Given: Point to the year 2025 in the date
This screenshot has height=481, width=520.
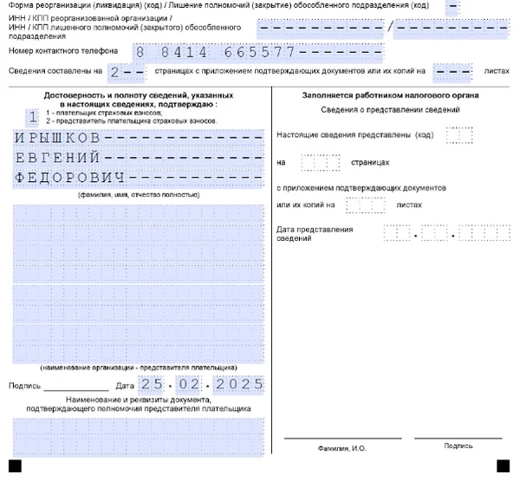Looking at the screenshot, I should pos(240,383).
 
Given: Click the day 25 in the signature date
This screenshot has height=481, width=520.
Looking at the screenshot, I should pos(151,383).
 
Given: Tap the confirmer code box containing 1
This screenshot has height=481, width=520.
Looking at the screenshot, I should pos(33,115).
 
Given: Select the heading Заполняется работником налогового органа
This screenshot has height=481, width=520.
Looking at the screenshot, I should pos(391,94).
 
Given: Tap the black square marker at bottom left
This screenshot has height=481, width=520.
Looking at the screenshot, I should pos(15,466).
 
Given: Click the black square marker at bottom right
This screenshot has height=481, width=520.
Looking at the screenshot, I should pos(504,466).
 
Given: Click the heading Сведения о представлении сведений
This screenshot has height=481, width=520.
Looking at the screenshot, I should pos(390,111).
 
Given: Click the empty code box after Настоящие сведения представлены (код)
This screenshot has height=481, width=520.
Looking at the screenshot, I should pos(458,135).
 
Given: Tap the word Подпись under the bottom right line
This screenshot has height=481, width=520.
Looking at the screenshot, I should pos(458,446).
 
